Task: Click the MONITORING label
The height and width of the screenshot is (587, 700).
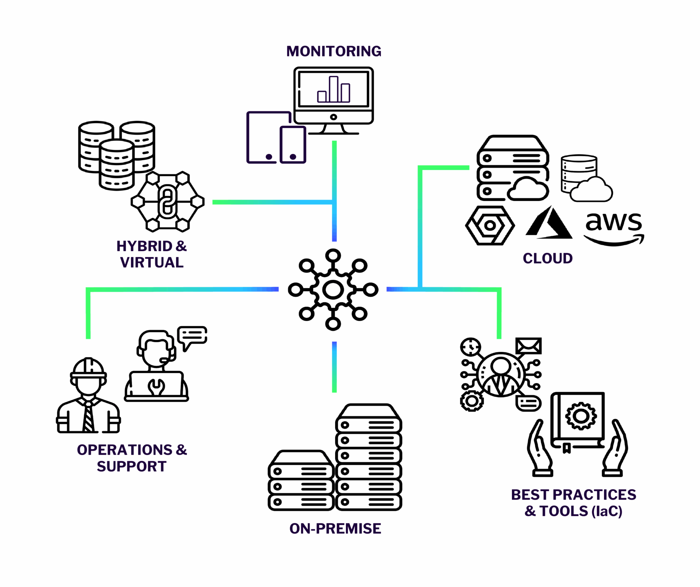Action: coord(334,51)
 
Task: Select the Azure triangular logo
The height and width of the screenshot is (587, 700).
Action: coord(549,223)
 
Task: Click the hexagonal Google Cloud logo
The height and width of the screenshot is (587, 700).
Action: coord(490,225)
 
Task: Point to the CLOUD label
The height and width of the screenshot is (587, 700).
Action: coord(548,258)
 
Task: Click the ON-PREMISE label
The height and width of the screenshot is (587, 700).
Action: coord(335,528)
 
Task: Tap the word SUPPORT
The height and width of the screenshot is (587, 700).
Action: coord(132,466)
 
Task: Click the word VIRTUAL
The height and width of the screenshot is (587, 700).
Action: coord(152,263)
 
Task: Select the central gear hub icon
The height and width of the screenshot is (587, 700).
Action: coord(333,290)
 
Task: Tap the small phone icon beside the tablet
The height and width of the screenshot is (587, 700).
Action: coord(293,145)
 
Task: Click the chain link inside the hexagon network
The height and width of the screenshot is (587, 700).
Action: coord(167,202)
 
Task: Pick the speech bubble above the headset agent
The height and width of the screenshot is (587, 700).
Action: coord(192,337)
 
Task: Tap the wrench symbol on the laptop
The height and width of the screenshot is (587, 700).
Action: coord(156,387)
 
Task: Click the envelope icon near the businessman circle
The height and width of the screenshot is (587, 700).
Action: coord(528,346)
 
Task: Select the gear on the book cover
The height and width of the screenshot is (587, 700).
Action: coord(581,416)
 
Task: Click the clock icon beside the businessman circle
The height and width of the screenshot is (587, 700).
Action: coord(470,347)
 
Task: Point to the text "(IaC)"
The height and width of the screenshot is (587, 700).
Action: coord(607,511)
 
